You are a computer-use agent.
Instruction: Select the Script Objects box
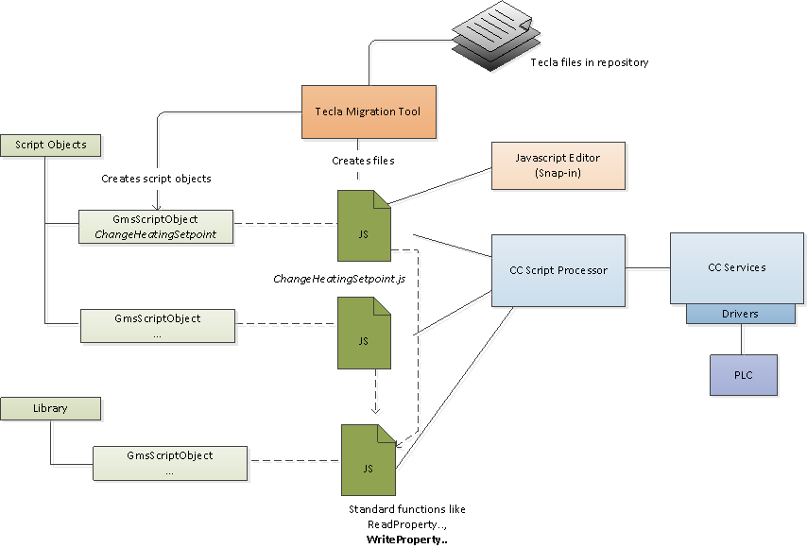tap(51, 145)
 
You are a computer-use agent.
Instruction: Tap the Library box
tap(50, 408)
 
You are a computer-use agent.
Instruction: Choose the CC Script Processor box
tap(558, 270)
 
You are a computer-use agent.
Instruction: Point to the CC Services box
tap(736, 267)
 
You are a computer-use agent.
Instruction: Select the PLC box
tap(743, 375)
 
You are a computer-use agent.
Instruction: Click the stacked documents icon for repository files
tap(496, 35)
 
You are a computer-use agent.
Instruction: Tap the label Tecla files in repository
tap(589, 62)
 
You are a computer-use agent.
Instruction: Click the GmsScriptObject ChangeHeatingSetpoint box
tap(155, 226)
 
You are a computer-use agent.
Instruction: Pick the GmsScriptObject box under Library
tap(169, 462)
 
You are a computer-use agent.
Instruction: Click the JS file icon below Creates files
tap(364, 226)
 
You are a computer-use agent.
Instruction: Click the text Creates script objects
tap(156, 178)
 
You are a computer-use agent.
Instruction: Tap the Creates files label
tap(363, 161)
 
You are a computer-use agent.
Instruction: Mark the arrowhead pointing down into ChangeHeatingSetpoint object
tap(156, 206)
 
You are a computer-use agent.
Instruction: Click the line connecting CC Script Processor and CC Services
tap(647, 269)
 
